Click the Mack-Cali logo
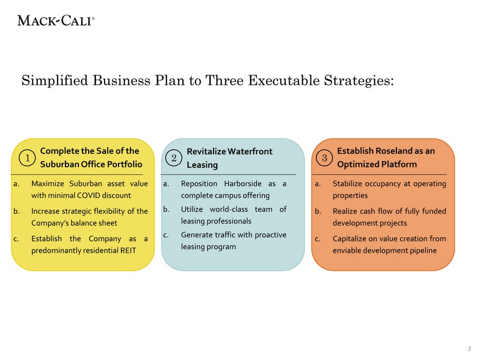click(x=56, y=21)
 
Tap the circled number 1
click(x=27, y=158)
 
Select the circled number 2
click(x=173, y=158)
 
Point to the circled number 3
click(x=324, y=158)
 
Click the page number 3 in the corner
click(x=469, y=349)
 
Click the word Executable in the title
click(x=283, y=81)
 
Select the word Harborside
click(x=243, y=184)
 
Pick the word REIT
click(x=128, y=251)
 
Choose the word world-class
click(x=229, y=209)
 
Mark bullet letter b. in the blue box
click(x=166, y=209)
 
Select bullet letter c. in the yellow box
click(x=16, y=239)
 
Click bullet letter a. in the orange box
click(x=318, y=184)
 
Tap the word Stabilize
click(x=346, y=184)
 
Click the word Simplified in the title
click(x=55, y=81)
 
